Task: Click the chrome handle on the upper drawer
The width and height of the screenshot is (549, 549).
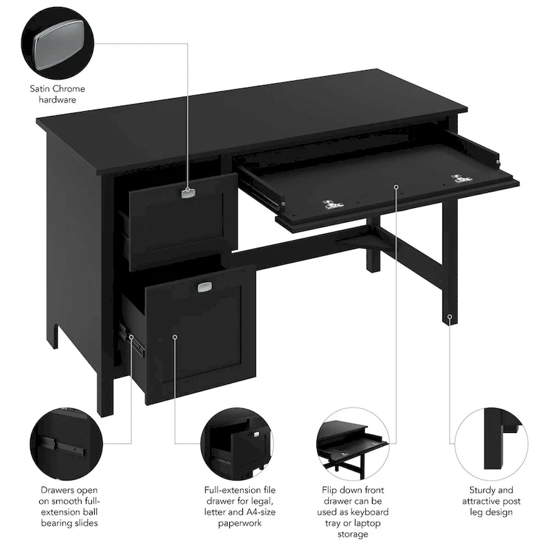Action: coord(188,193)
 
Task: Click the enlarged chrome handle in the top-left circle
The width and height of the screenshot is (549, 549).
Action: coord(58,43)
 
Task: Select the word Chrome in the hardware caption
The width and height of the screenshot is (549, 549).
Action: coord(70,89)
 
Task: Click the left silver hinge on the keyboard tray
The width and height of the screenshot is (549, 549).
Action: coord(332,204)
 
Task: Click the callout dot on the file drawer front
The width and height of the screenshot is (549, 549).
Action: coord(175,337)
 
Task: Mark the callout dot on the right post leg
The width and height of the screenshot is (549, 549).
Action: coord(449,317)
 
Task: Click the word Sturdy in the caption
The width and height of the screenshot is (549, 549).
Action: coord(482,490)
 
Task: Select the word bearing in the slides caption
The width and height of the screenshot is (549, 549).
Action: coord(58,523)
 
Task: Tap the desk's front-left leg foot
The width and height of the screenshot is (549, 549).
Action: coord(105,412)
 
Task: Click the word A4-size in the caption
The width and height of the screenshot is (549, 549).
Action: coord(257,512)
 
